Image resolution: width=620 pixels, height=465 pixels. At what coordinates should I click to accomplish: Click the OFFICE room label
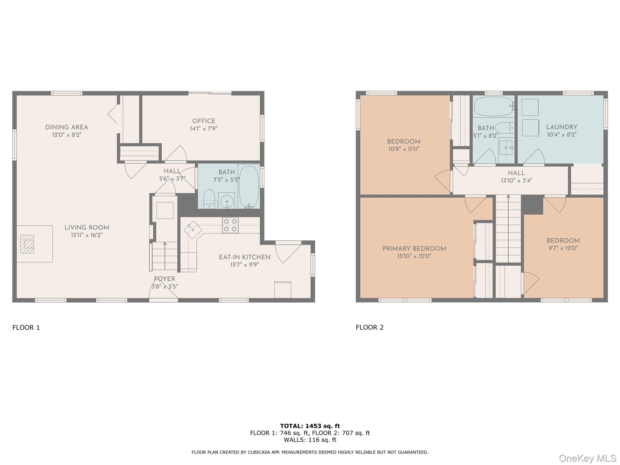(x=204, y=121)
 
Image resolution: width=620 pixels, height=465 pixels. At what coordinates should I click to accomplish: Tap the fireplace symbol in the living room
(x=27, y=244)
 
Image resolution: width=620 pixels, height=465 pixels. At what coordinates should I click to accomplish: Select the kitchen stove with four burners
(x=230, y=225)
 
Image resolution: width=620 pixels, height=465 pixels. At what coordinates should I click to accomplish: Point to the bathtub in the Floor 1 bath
(x=249, y=186)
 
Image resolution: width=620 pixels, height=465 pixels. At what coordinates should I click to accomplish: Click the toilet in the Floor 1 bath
(x=209, y=199)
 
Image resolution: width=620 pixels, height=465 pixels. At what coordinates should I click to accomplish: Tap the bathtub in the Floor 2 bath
(x=493, y=106)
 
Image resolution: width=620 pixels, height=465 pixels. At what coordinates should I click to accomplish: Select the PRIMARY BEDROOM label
(x=414, y=249)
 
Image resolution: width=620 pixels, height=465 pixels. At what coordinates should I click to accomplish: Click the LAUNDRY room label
(x=562, y=127)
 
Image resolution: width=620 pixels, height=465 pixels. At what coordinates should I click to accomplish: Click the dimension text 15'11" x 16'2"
(x=87, y=235)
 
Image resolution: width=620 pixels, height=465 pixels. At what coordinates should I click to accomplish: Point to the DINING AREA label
(x=67, y=127)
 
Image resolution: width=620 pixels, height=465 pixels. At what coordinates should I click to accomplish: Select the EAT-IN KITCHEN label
(x=245, y=257)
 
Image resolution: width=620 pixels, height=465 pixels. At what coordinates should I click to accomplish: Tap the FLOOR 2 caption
(x=369, y=327)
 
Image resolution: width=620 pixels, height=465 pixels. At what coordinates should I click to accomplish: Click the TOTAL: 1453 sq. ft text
(x=310, y=426)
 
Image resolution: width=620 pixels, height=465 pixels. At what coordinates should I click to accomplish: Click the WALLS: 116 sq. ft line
(x=310, y=440)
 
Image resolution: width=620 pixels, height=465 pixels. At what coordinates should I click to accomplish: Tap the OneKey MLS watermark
(x=587, y=458)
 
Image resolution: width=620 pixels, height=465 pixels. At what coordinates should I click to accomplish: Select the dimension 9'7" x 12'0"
(x=563, y=248)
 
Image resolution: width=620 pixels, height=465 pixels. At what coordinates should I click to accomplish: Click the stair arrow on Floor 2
(x=508, y=197)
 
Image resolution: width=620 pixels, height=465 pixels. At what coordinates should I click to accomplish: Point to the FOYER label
(x=164, y=279)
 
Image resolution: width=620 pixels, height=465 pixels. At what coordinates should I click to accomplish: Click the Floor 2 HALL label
(x=516, y=173)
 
